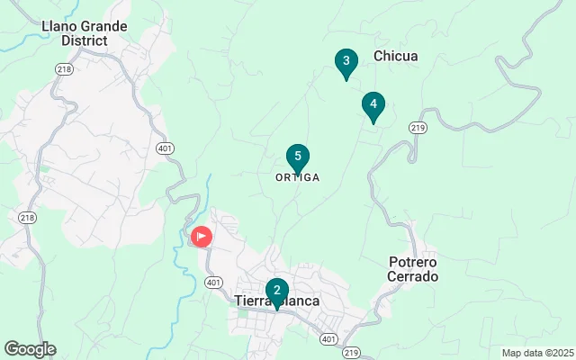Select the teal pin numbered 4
click(373, 104)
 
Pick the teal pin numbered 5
click(298, 157)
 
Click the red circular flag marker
click(202, 237)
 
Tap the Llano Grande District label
click(85, 33)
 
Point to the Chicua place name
click(395, 56)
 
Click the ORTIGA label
click(297, 177)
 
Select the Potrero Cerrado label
click(413, 269)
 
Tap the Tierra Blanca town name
click(277, 301)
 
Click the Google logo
click(30, 349)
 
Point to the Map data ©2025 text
click(536, 353)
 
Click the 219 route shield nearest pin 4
click(417, 129)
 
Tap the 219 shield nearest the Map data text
click(351, 352)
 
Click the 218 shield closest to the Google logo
click(27, 218)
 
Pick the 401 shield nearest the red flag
click(213, 282)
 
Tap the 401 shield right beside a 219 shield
click(329, 339)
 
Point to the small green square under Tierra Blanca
click(242, 315)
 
